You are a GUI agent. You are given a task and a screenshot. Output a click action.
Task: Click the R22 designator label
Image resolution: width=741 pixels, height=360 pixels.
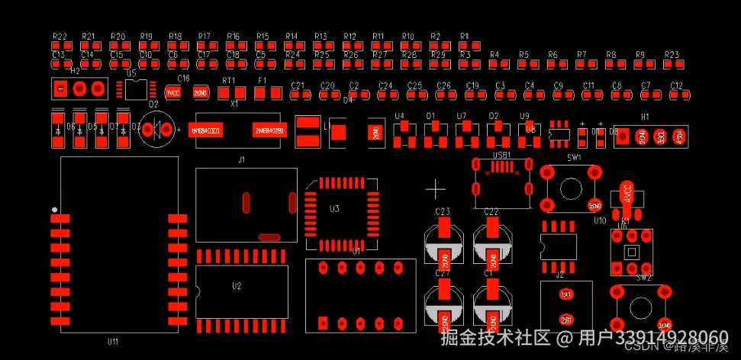(60, 37)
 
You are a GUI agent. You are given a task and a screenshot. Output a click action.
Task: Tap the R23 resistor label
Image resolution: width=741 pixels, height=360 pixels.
(672, 55)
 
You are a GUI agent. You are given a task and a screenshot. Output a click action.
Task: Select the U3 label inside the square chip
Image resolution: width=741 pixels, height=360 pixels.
(334, 209)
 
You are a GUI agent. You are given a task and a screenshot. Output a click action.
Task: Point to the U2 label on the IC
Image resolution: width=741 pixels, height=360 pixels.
(237, 286)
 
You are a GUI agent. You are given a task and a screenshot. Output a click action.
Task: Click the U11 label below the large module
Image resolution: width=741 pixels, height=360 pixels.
(113, 342)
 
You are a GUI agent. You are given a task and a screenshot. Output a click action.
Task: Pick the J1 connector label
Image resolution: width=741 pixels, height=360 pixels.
(242, 160)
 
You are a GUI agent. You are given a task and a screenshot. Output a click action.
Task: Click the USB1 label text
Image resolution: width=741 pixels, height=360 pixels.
(501, 155)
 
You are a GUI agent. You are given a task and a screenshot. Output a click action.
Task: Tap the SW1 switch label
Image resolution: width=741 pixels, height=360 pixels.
(574, 157)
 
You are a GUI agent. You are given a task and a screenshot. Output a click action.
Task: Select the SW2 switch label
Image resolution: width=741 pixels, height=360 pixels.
(644, 278)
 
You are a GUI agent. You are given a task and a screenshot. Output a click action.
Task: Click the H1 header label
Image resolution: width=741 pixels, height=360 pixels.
(645, 117)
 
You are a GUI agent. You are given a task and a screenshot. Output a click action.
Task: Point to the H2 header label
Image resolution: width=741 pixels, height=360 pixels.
(75, 71)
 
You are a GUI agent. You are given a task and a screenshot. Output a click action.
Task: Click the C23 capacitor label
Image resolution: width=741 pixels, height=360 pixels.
(443, 211)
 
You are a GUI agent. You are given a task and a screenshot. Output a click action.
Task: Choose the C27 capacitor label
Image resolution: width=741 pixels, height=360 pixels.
(443, 273)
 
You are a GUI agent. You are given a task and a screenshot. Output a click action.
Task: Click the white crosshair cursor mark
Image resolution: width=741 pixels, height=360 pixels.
(436, 188)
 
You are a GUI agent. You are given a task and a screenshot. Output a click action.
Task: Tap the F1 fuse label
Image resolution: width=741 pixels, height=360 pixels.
(263, 80)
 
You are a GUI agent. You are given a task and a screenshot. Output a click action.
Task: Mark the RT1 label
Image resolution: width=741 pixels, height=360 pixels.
(229, 80)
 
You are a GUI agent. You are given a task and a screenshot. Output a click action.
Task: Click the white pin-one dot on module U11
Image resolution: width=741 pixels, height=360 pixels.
(54, 209)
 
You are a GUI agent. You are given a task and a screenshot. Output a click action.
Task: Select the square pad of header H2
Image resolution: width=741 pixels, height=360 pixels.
(60, 89)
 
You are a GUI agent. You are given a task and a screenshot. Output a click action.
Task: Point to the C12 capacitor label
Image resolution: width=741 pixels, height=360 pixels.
(676, 85)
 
